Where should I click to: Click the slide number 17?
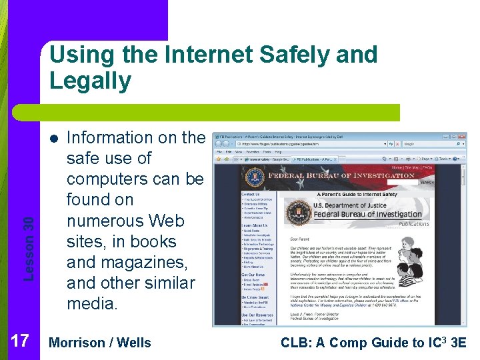(x=20, y=342)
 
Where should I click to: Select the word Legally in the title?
(x=90, y=81)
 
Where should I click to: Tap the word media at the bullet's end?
(x=92, y=303)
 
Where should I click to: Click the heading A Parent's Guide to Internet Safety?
(x=357, y=195)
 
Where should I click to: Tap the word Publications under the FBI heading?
(x=413, y=224)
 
